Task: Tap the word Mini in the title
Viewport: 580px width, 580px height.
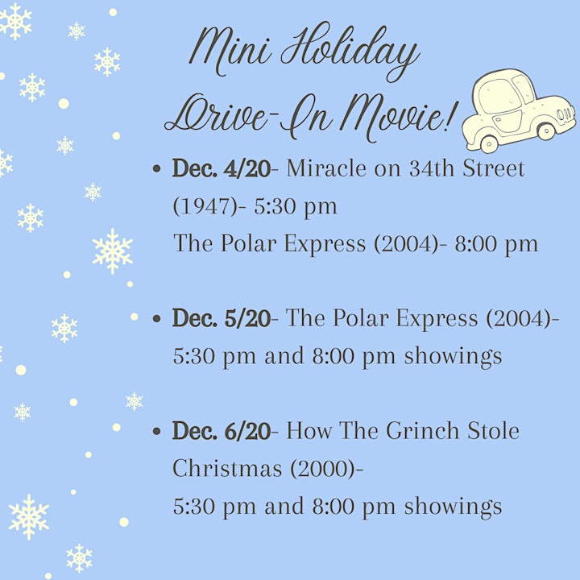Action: (x=230, y=51)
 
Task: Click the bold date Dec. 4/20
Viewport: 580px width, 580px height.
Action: (x=222, y=168)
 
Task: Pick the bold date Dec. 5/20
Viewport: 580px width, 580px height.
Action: (x=222, y=318)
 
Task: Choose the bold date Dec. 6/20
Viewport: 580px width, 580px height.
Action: (x=222, y=431)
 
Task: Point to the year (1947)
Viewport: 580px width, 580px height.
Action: (x=205, y=206)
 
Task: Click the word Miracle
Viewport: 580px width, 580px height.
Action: (x=326, y=168)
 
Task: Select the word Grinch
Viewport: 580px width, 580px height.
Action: (x=422, y=431)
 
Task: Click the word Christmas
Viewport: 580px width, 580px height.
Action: (x=227, y=469)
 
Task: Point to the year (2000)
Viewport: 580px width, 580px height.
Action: (x=322, y=469)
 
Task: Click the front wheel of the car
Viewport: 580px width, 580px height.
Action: (x=546, y=130)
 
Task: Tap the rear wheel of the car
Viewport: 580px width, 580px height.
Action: (x=489, y=143)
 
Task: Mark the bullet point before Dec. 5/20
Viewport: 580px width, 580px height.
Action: (x=156, y=318)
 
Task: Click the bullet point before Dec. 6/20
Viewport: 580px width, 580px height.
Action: (x=156, y=431)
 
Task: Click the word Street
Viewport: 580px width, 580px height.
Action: (x=494, y=168)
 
